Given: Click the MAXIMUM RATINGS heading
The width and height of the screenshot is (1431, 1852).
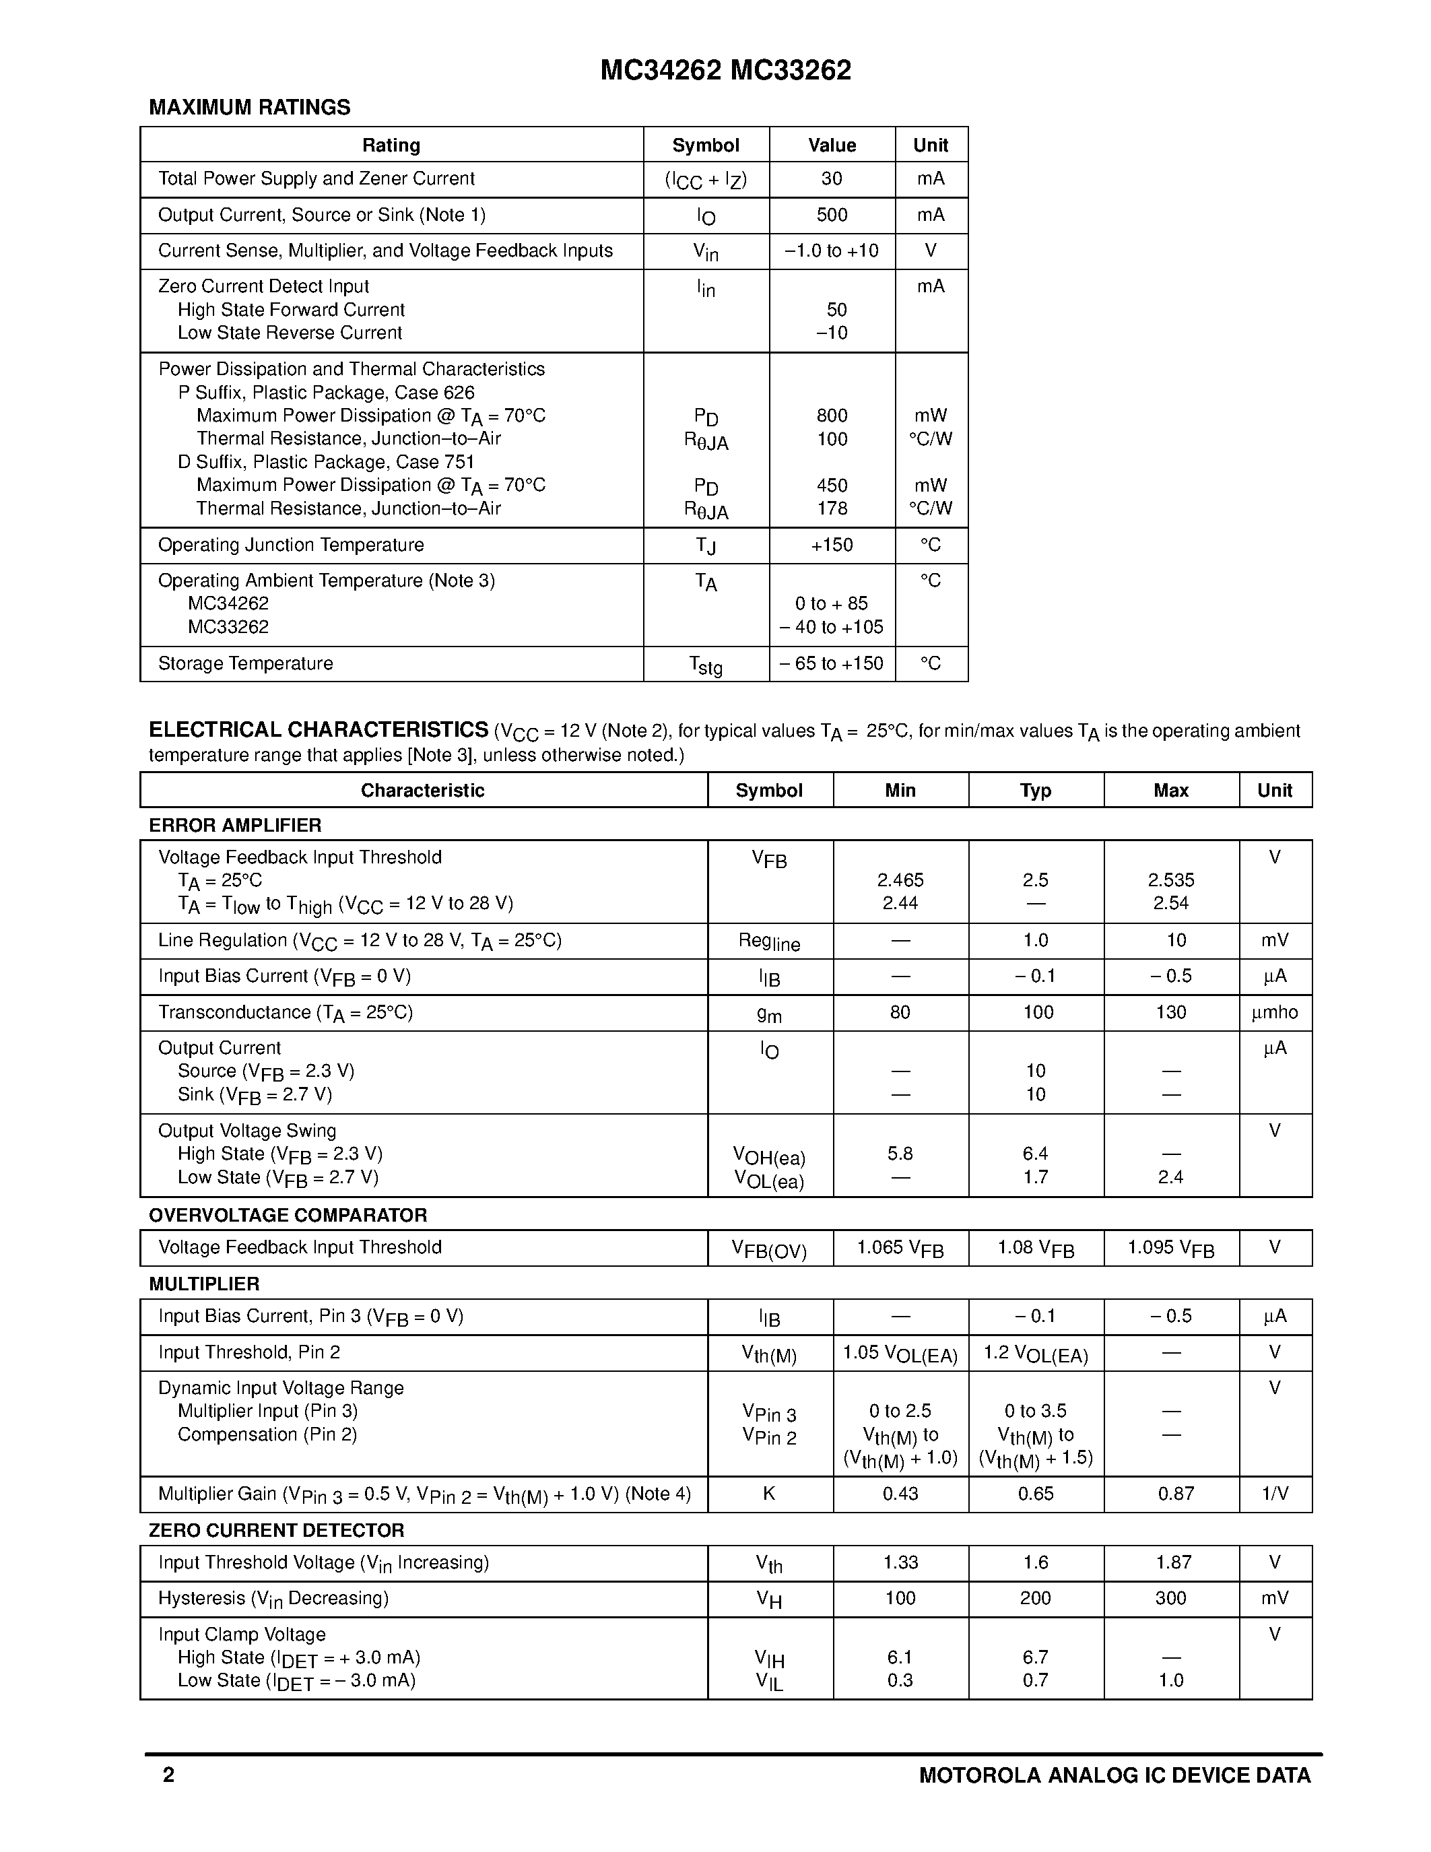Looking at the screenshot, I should pyautogui.click(x=249, y=108).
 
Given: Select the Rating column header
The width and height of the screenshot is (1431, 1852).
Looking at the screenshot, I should pyautogui.click(x=391, y=145).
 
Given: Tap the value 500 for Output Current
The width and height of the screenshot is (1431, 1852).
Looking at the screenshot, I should pyautogui.click(x=832, y=216).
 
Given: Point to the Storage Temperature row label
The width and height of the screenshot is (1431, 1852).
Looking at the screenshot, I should pyautogui.click(x=245, y=664).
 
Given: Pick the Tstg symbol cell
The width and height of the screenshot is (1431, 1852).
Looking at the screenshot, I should pyautogui.click(x=705, y=665).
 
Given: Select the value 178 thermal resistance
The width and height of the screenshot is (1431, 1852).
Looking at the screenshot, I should pyautogui.click(x=832, y=508).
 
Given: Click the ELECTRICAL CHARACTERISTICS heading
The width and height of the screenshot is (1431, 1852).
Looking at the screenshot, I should pyautogui.click(x=318, y=730).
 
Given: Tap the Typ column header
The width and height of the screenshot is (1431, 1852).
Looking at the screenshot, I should pyautogui.click(x=1035, y=791).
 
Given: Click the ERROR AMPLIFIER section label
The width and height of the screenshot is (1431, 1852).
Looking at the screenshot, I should pyautogui.click(x=235, y=825).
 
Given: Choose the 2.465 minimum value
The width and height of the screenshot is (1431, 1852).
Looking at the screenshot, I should pyautogui.click(x=900, y=880).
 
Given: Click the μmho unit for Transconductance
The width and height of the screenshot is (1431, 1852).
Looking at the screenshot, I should pyautogui.click(x=1274, y=1012).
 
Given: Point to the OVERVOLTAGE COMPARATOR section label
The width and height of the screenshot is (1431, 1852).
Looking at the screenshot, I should pyautogui.click(x=288, y=1215).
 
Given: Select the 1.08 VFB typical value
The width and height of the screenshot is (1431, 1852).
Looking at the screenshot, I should pyautogui.click(x=1035, y=1248).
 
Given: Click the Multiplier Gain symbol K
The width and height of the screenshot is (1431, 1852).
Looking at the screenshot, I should pyautogui.click(x=769, y=1494).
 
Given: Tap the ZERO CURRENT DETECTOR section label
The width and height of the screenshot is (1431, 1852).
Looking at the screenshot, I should pyautogui.click(x=276, y=1531).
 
